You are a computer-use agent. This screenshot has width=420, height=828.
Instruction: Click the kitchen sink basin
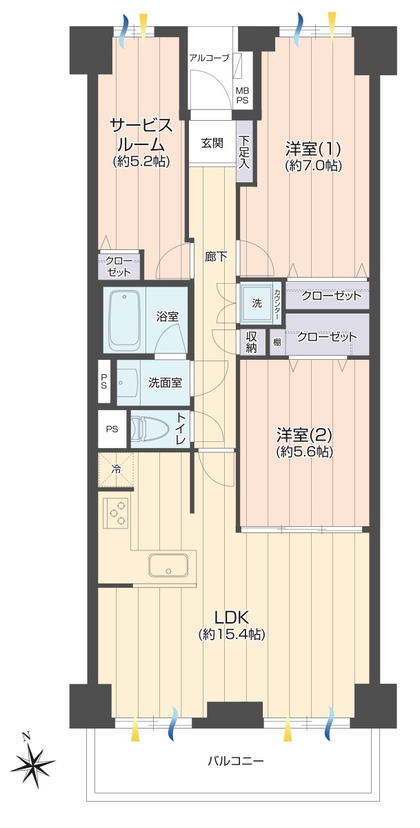point(168,566)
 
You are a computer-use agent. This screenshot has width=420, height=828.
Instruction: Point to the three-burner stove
point(117,512)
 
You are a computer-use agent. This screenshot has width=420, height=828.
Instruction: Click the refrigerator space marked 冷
point(116,469)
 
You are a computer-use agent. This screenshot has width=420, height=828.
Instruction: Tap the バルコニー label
point(235,761)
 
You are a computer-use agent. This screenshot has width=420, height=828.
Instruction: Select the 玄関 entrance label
point(212,143)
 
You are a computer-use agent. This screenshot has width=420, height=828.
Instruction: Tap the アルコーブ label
point(210,58)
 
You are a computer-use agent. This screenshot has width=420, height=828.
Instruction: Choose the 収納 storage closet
point(250,343)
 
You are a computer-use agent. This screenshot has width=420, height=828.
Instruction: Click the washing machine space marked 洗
point(257,304)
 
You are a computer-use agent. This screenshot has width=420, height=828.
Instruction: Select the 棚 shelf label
point(277,342)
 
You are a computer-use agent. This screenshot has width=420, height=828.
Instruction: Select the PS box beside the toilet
point(112,430)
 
